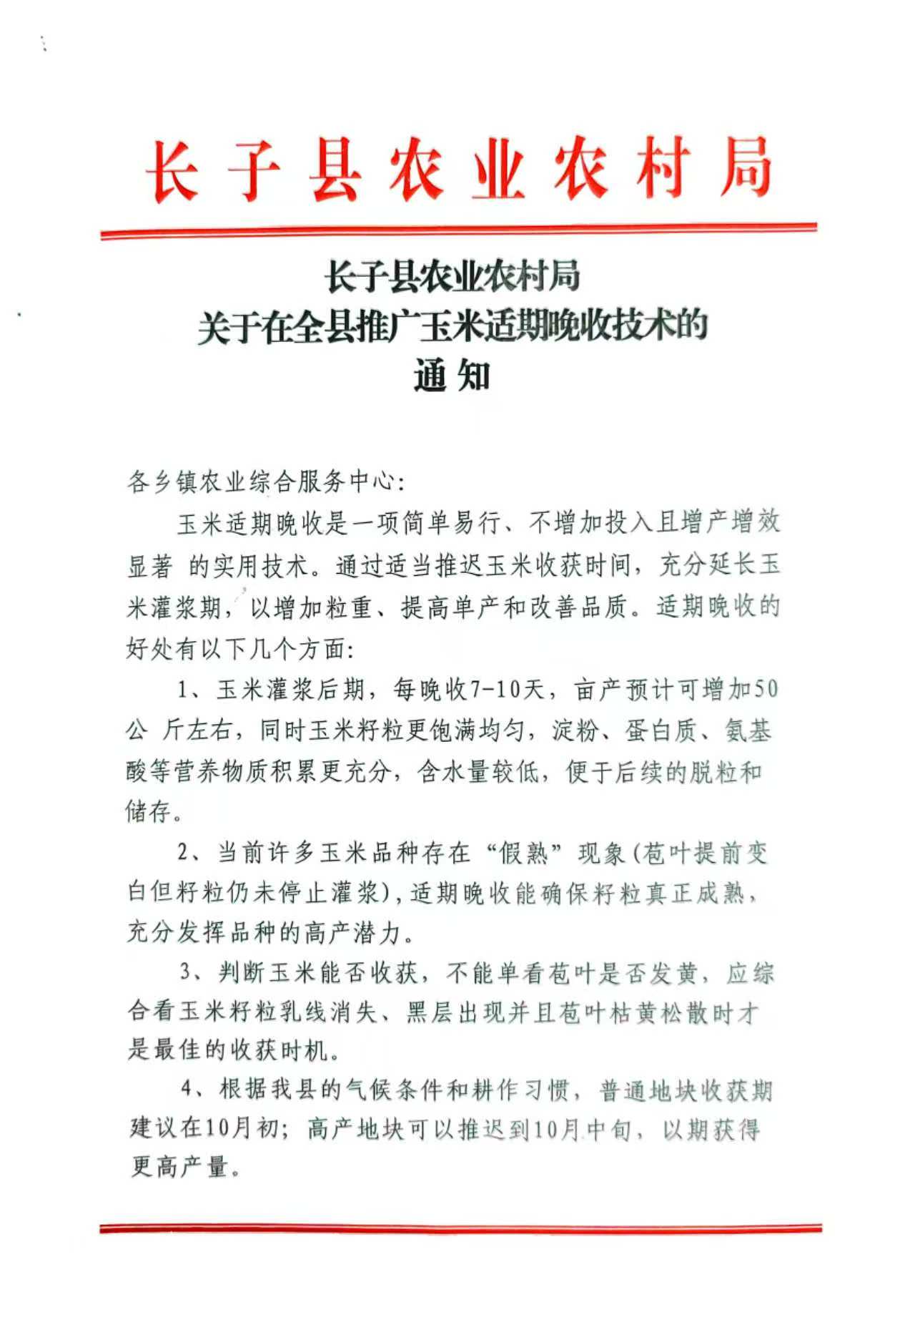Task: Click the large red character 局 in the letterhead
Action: click(745, 170)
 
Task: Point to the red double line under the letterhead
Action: click(458, 231)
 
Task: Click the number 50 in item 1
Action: click(766, 690)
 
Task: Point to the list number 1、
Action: click(192, 690)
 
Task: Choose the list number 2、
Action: click(192, 854)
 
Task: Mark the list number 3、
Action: click(194, 972)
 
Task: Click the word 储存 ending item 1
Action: click(149, 812)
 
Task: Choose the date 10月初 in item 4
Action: click(240, 1129)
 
